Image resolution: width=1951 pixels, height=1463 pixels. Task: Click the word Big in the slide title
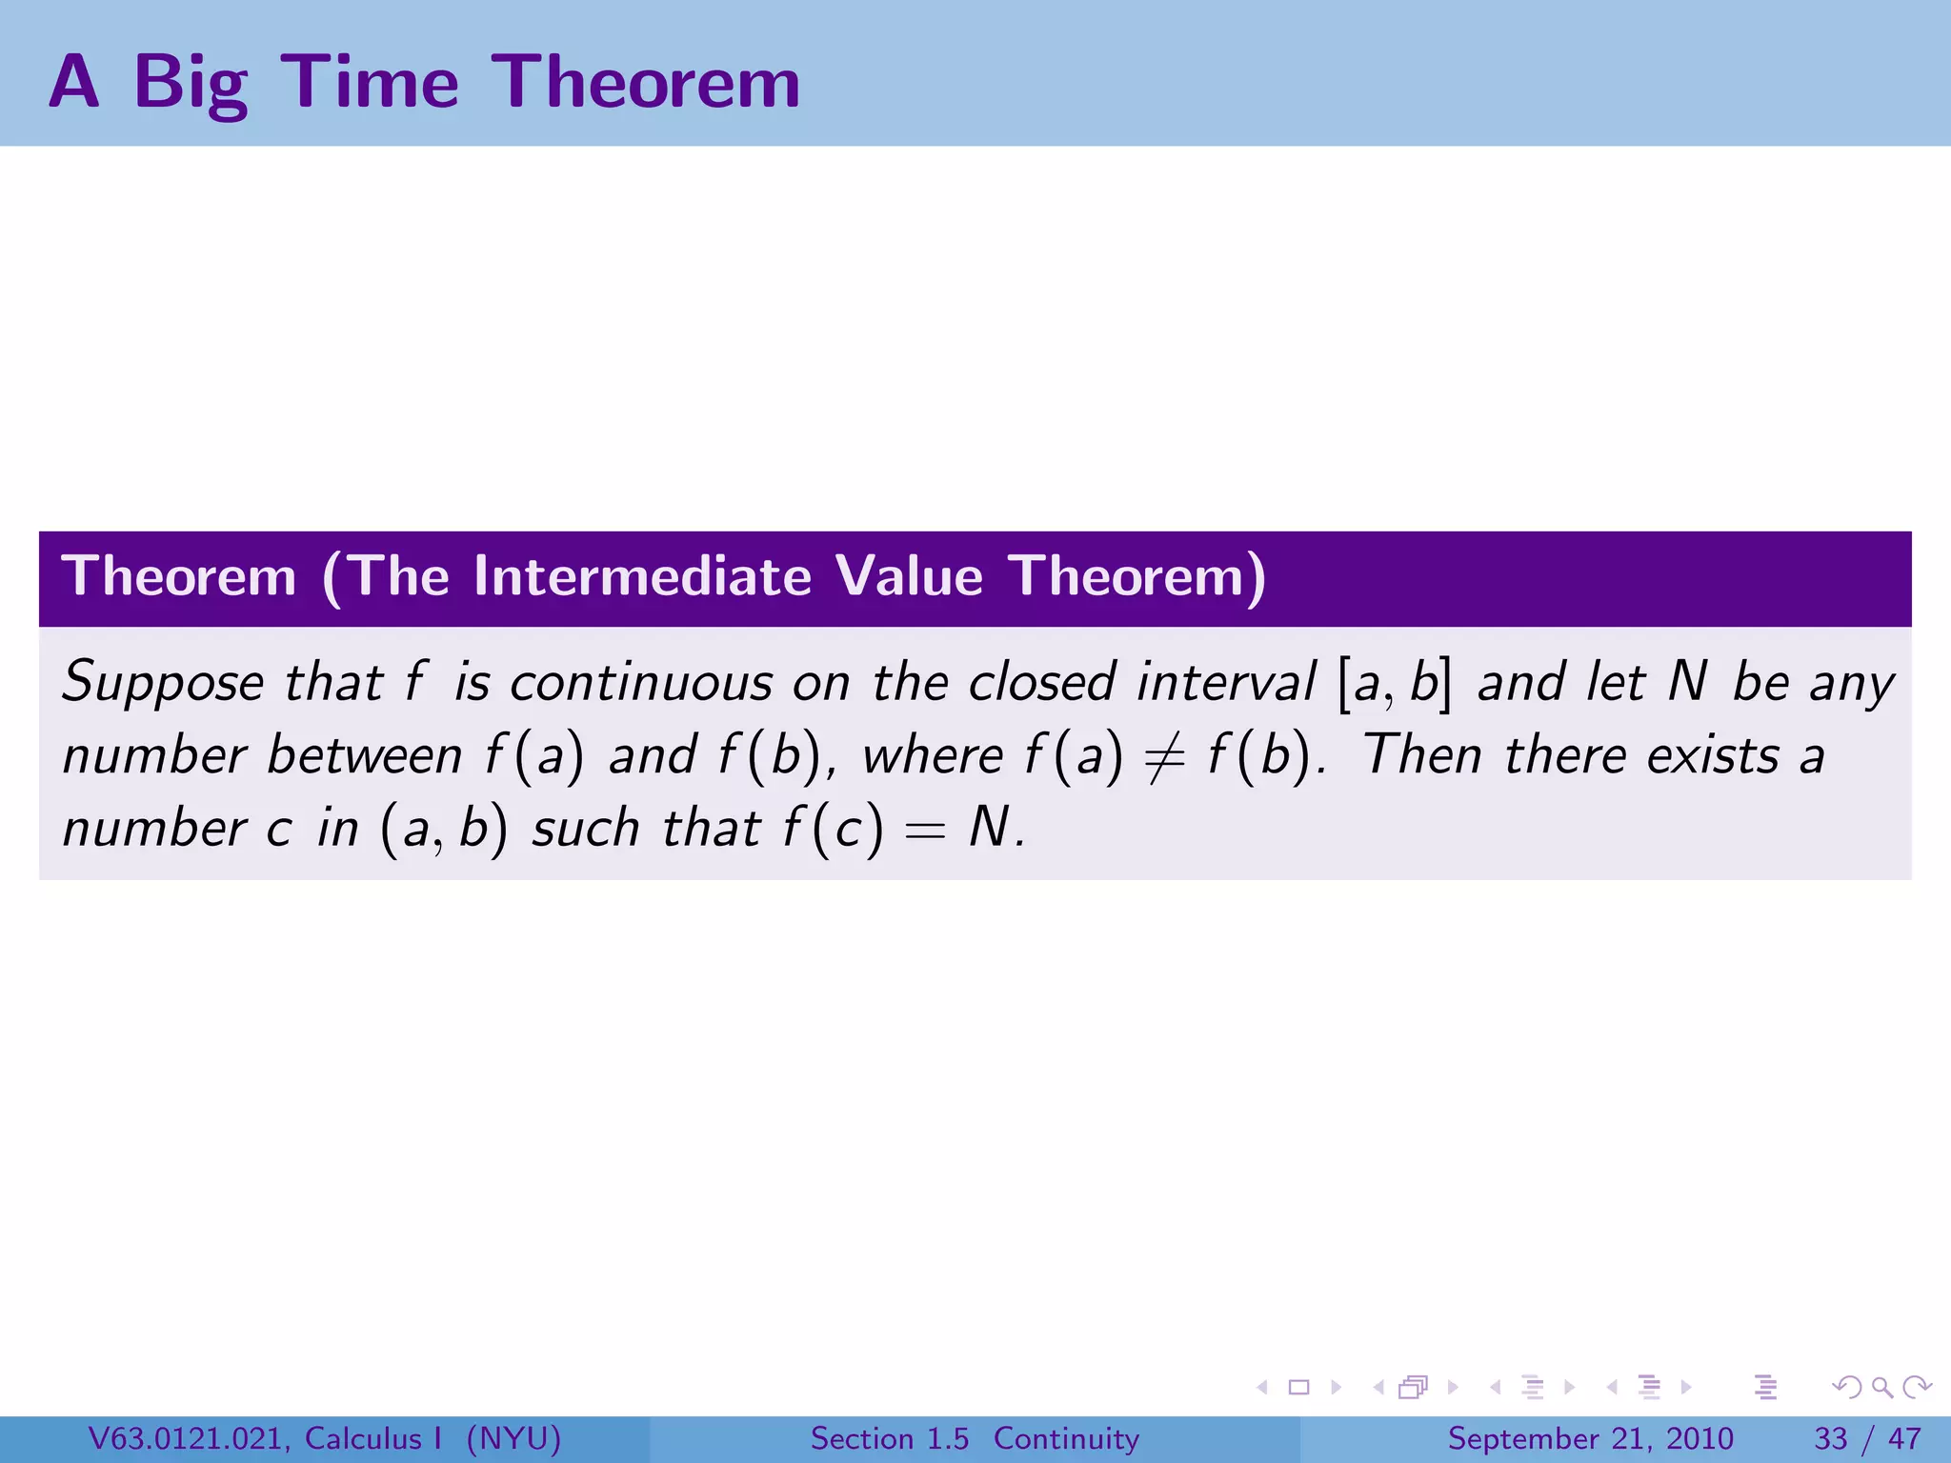click(x=191, y=83)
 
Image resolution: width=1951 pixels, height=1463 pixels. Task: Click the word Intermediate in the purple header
click(x=642, y=577)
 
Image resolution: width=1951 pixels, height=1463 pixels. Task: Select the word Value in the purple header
click(x=909, y=577)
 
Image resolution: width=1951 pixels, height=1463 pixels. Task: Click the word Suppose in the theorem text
click(x=163, y=684)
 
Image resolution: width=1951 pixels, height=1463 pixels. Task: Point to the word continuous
click(x=640, y=684)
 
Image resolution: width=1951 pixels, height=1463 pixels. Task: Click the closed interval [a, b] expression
click(x=1395, y=684)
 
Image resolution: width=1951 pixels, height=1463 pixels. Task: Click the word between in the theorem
click(x=364, y=756)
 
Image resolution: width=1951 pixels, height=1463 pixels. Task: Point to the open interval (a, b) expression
click(x=443, y=830)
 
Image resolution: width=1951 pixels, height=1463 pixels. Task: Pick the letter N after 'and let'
click(x=1687, y=682)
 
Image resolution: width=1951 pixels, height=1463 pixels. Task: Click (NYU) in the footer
click(x=513, y=1439)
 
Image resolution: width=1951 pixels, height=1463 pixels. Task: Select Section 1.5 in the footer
click(x=889, y=1439)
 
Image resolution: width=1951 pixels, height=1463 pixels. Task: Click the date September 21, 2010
click(x=1590, y=1439)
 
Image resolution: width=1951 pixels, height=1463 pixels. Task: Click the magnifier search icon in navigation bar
click(x=1881, y=1388)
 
